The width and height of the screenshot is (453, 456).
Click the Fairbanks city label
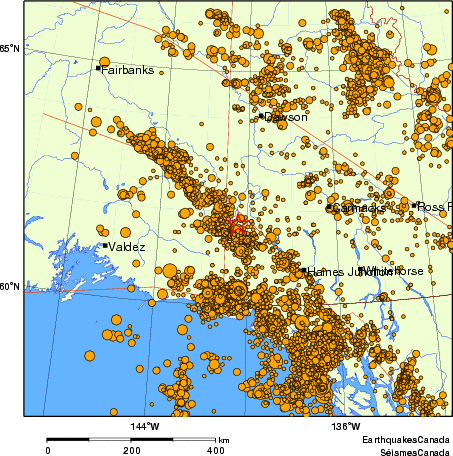click(125, 70)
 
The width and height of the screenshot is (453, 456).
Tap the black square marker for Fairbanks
click(98, 68)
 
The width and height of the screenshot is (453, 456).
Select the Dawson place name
click(286, 117)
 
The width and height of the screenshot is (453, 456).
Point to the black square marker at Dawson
click(261, 116)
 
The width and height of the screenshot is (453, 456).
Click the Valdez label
click(128, 246)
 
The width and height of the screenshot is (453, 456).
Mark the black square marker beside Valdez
click(105, 245)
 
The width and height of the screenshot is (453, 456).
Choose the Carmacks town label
click(357, 208)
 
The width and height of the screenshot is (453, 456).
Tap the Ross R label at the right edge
click(434, 206)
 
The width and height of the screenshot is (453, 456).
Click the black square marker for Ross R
click(414, 205)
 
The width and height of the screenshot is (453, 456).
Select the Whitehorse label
click(391, 271)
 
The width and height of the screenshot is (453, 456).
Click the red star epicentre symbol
click(238, 224)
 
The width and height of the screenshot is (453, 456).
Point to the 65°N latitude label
click(9, 48)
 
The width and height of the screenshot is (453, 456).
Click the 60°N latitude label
click(9, 287)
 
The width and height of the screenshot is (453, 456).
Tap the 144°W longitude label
click(145, 428)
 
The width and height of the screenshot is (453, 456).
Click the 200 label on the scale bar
click(131, 450)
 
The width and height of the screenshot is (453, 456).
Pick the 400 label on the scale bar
click(214, 450)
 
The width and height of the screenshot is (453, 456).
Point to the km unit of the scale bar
click(224, 440)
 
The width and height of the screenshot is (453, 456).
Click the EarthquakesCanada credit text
click(405, 440)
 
